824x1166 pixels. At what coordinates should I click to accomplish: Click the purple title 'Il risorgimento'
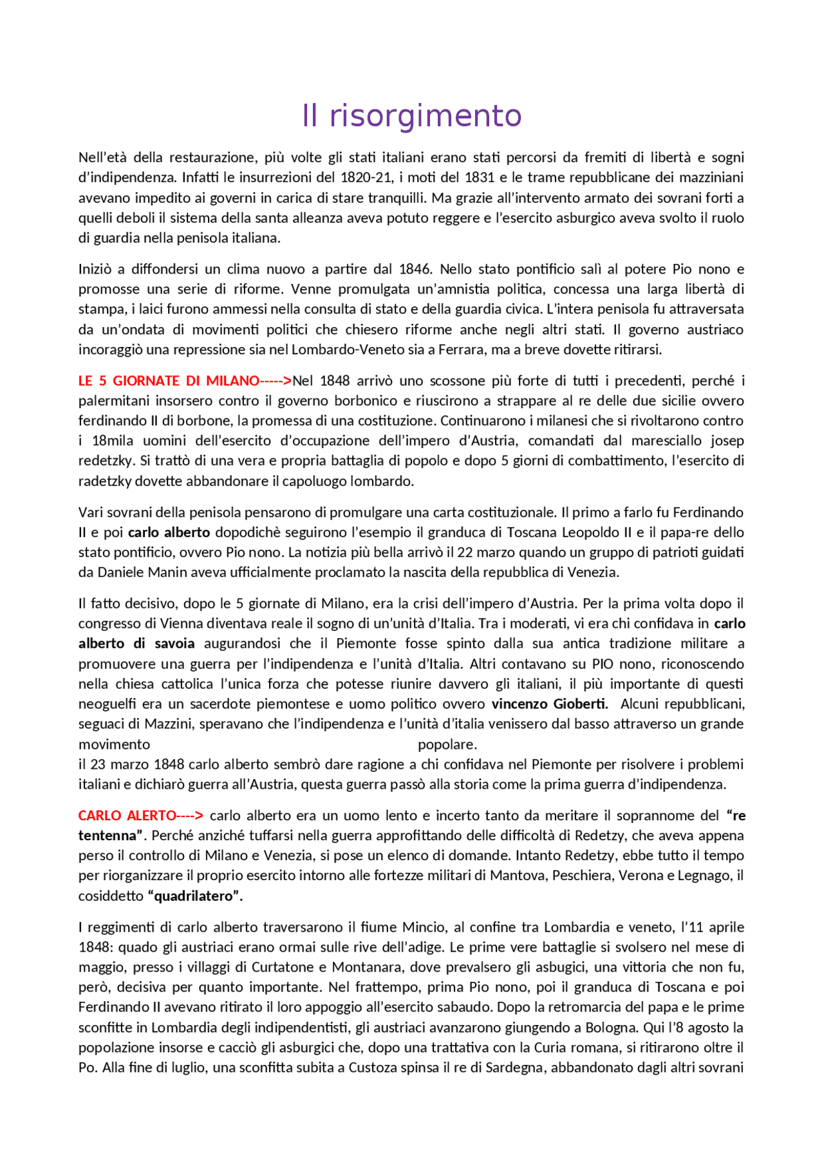411,116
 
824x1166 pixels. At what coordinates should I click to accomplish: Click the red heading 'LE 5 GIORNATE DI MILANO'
168,381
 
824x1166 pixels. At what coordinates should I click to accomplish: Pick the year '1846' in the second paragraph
415,269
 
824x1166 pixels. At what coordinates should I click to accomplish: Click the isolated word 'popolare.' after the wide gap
447,744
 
